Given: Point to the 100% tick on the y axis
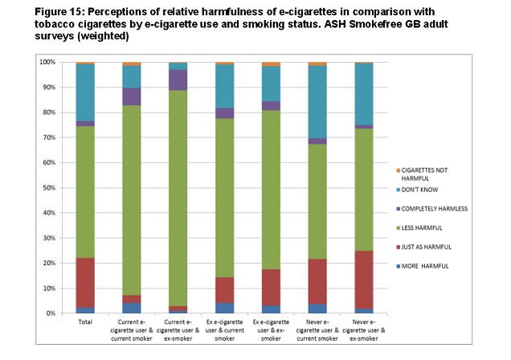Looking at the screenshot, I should pos(47,62).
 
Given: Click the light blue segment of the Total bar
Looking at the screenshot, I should pos(85,92).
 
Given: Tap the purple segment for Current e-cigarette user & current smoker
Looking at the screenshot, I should pos(132,96).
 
